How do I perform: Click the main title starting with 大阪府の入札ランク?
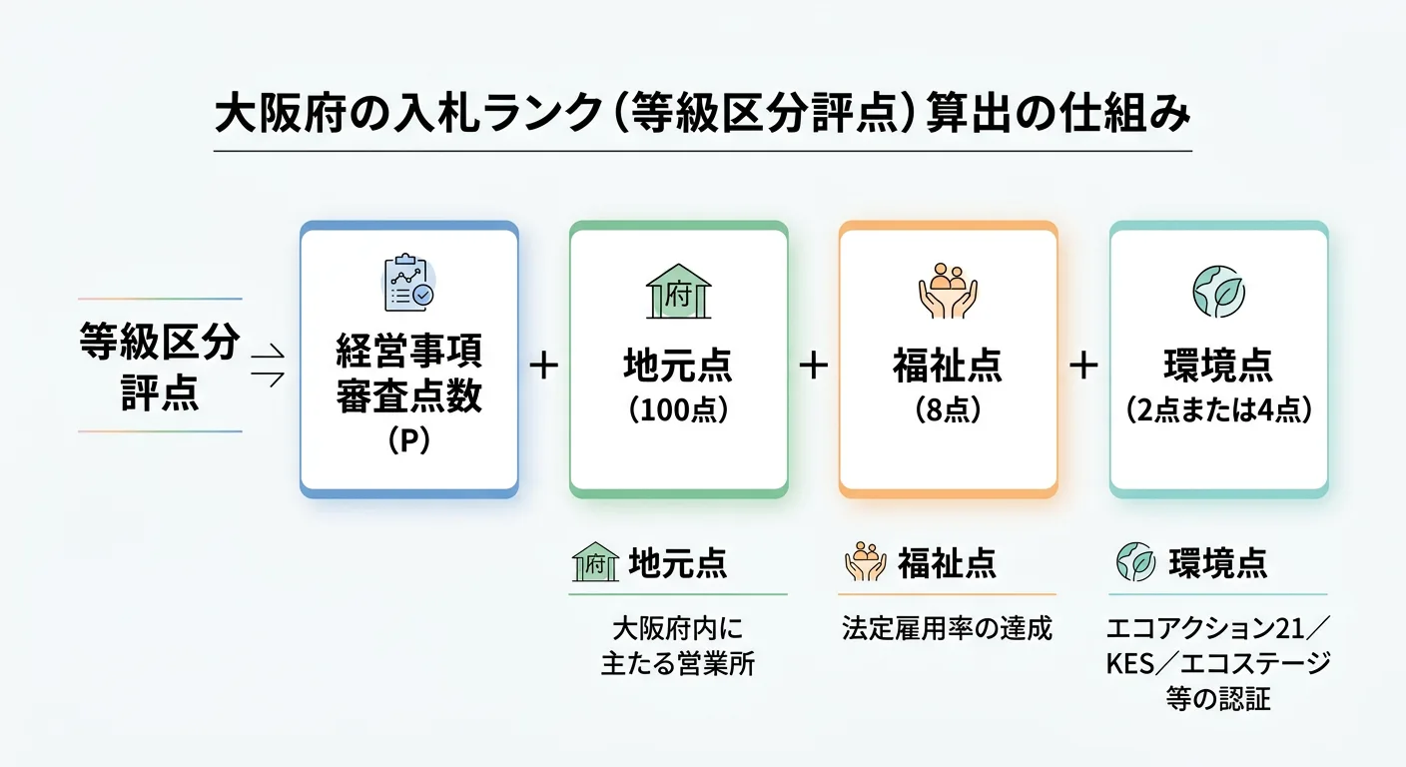coord(703,113)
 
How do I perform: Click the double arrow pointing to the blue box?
coord(269,365)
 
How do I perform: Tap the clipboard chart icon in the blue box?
coord(409,284)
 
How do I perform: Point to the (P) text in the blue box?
coord(408,441)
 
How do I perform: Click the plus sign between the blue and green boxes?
coord(543,366)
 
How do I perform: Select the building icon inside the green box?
coord(678,292)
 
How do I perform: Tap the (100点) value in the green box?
coord(678,410)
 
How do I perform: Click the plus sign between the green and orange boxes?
coord(814,366)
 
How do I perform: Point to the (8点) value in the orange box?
coord(948,410)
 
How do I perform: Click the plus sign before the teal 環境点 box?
coord(1083,366)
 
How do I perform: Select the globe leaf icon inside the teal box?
coord(1218,291)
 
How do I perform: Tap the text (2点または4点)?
coord(1218,410)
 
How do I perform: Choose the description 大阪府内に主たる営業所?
coord(678,647)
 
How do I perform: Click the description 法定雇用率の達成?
coord(947,629)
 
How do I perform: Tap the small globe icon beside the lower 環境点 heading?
coord(1135,562)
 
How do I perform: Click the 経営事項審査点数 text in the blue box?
coord(408,376)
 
